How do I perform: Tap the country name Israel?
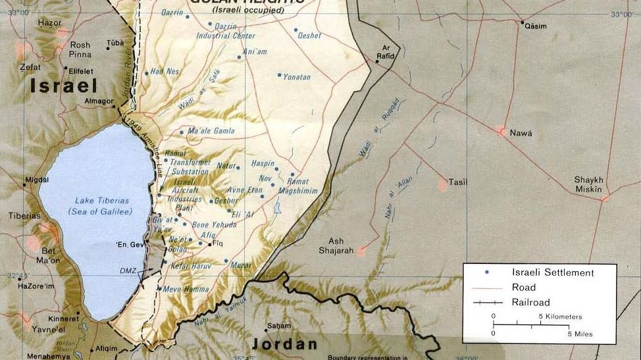click(x=63, y=86)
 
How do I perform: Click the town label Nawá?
click(x=521, y=133)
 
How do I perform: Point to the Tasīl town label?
click(x=457, y=182)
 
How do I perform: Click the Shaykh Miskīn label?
click(x=588, y=184)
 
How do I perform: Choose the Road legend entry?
click(x=523, y=287)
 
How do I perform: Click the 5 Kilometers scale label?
click(x=560, y=317)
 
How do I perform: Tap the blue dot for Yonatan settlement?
click(x=279, y=75)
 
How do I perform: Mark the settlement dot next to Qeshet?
click(x=295, y=30)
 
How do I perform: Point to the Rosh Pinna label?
click(x=80, y=50)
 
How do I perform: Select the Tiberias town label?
click(x=24, y=216)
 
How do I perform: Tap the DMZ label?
click(x=128, y=271)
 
